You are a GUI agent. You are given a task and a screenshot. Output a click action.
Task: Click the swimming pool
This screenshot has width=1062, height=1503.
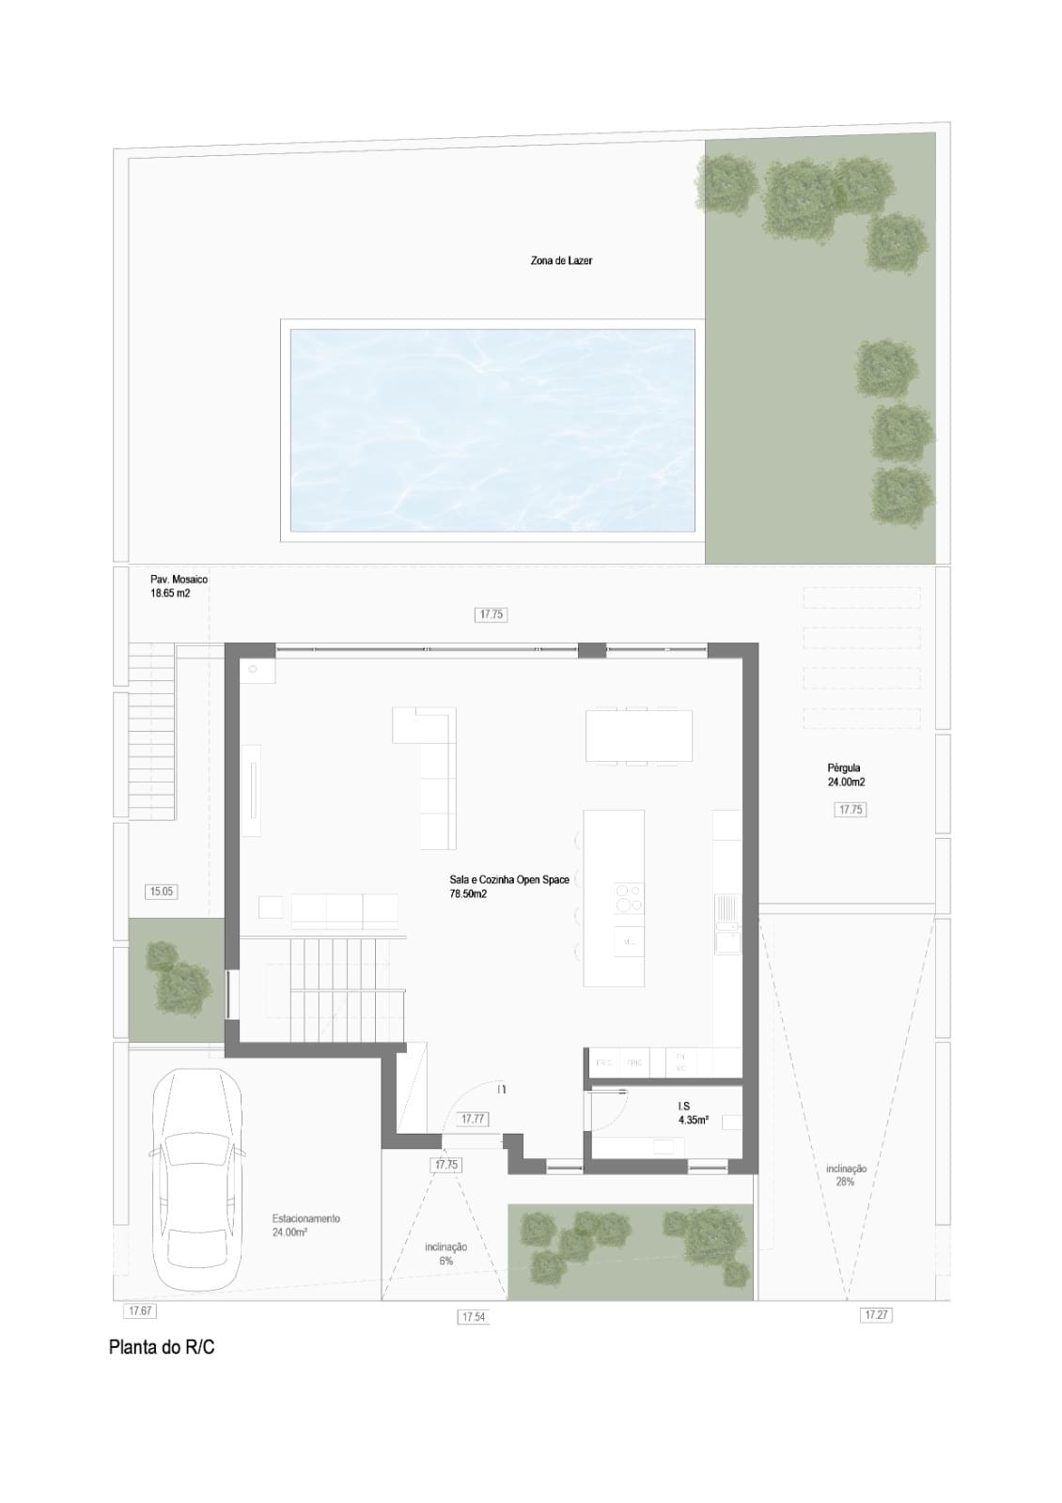coord(492,428)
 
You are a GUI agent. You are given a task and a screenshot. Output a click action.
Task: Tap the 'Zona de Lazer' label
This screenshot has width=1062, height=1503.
coord(561,260)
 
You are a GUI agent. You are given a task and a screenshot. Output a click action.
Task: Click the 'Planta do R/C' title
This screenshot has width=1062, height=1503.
coord(162,1347)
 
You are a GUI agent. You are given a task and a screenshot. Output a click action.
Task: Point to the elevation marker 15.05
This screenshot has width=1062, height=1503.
coord(162,891)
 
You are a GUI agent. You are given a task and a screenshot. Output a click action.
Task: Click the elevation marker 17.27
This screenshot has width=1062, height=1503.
coord(875,1315)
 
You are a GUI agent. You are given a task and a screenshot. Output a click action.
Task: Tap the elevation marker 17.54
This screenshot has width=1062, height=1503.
coord(473,1317)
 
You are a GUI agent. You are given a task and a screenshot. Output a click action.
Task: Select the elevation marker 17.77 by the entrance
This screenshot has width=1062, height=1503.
coord(473,1119)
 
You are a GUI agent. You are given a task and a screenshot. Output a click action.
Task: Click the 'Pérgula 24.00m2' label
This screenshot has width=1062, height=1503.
coord(846,775)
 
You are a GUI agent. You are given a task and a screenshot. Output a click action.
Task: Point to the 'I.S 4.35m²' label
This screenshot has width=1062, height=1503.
coord(693,1113)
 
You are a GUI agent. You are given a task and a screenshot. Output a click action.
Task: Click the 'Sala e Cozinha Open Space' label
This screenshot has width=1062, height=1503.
coord(508,887)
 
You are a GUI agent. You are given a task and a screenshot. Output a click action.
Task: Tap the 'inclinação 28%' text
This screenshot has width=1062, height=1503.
coord(846,1175)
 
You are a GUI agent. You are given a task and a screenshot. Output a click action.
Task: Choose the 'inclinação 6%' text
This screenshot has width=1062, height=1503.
coord(445,1254)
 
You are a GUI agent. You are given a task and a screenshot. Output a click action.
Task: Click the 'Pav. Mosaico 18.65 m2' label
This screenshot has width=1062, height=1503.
coord(179,586)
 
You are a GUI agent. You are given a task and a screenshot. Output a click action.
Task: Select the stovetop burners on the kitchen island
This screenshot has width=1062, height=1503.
coord(629,897)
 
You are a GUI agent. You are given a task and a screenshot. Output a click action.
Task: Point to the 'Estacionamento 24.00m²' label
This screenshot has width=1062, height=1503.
coord(305,1225)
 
